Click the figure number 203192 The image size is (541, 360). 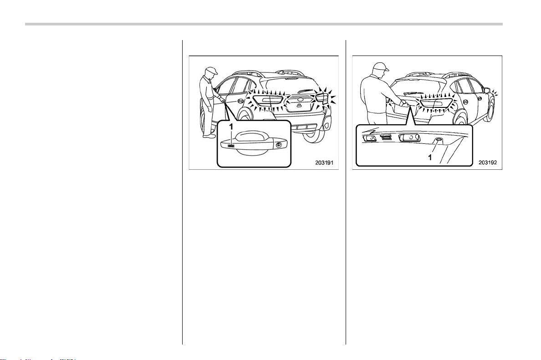[488, 162]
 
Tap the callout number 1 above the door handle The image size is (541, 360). [231, 127]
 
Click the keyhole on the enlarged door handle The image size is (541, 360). [278, 145]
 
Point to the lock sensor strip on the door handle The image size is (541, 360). [231, 146]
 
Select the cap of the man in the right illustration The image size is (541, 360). [381, 66]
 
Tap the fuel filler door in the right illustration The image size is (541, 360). [465, 102]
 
